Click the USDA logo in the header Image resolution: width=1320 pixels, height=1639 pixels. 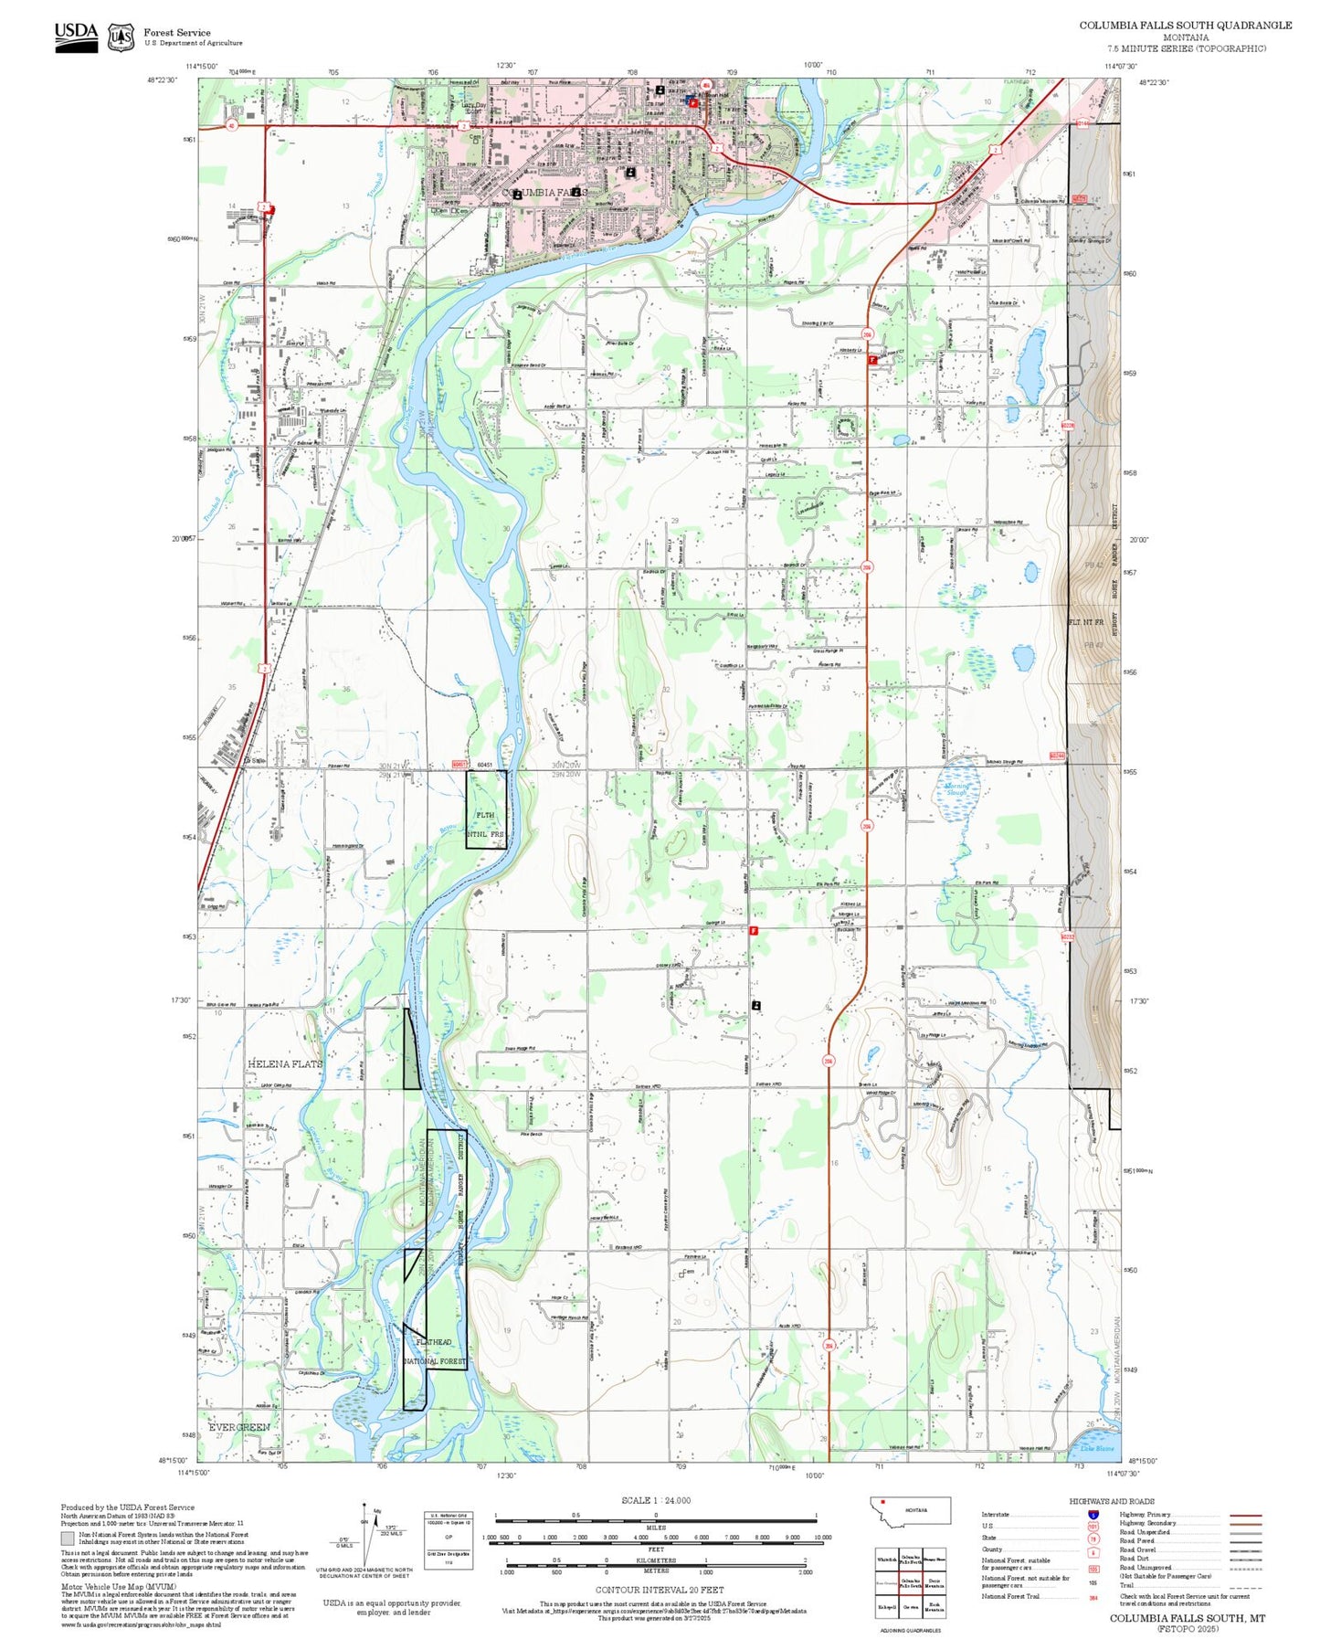pyautogui.click(x=76, y=37)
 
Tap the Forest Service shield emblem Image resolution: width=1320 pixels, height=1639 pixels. pyautogui.click(x=121, y=37)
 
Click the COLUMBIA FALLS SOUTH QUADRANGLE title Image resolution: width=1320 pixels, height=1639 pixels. pyautogui.click(x=1185, y=26)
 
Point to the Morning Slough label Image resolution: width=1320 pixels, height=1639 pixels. pyautogui.click(x=956, y=789)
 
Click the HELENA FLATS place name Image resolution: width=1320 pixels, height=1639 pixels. pyautogui.click(x=285, y=1064)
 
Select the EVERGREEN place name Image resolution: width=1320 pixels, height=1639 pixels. pyautogui.click(x=239, y=1427)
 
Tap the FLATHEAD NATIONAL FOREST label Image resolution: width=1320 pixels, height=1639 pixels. pyautogui.click(x=435, y=1351)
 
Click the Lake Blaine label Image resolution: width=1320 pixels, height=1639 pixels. pyautogui.click(x=1097, y=1449)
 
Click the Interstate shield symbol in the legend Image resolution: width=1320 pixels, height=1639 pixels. pyautogui.click(x=1093, y=1514)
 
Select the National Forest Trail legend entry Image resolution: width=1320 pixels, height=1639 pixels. pyautogui.click(x=1011, y=1596)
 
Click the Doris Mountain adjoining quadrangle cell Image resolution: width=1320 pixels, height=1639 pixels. pyautogui.click(x=934, y=1582)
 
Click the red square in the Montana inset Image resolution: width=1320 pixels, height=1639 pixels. pyautogui.click(x=883, y=1501)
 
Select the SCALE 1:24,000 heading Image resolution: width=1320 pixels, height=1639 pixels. pyautogui.click(x=655, y=1500)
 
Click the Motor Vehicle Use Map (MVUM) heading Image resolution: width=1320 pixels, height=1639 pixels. pyautogui.click(x=100, y=1587)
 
